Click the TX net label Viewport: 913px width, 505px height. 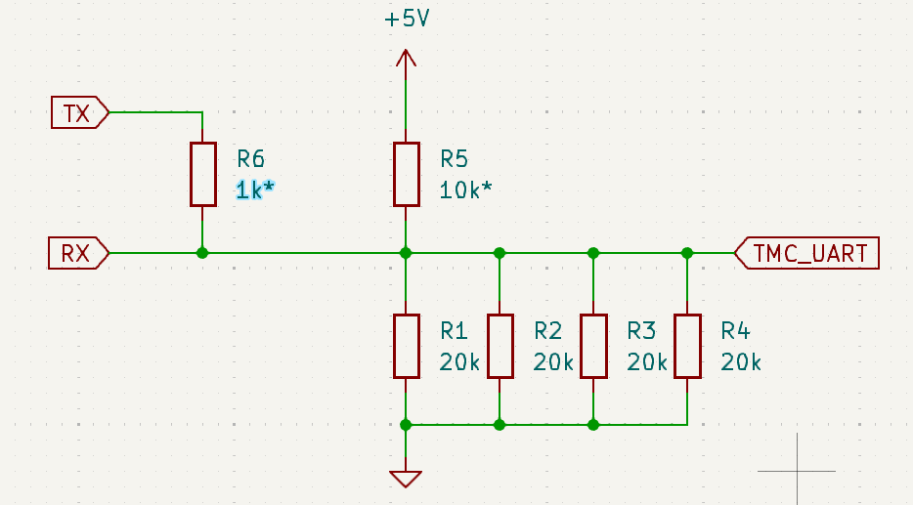point(78,112)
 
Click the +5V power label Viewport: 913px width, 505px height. point(407,20)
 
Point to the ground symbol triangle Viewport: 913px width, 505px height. point(406,478)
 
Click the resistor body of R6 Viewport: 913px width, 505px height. point(202,174)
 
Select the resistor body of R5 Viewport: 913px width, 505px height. point(406,174)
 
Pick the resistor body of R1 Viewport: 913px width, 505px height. point(406,346)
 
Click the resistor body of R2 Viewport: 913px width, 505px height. point(500,346)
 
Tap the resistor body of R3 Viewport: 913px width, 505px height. point(593,346)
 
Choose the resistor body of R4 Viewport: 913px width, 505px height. point(687,346)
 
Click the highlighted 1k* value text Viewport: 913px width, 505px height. point(255,190)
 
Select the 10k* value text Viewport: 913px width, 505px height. point(464,190)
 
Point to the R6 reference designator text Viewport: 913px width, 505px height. point(251,159)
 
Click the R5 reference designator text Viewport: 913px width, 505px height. point(455,159)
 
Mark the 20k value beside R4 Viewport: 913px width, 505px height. point(741,362)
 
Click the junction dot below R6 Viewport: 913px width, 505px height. point(202,253)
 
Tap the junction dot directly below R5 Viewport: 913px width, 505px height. point(406,253)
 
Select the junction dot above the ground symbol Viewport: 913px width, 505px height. point(406,425)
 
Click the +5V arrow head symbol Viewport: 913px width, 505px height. point(406,58)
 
